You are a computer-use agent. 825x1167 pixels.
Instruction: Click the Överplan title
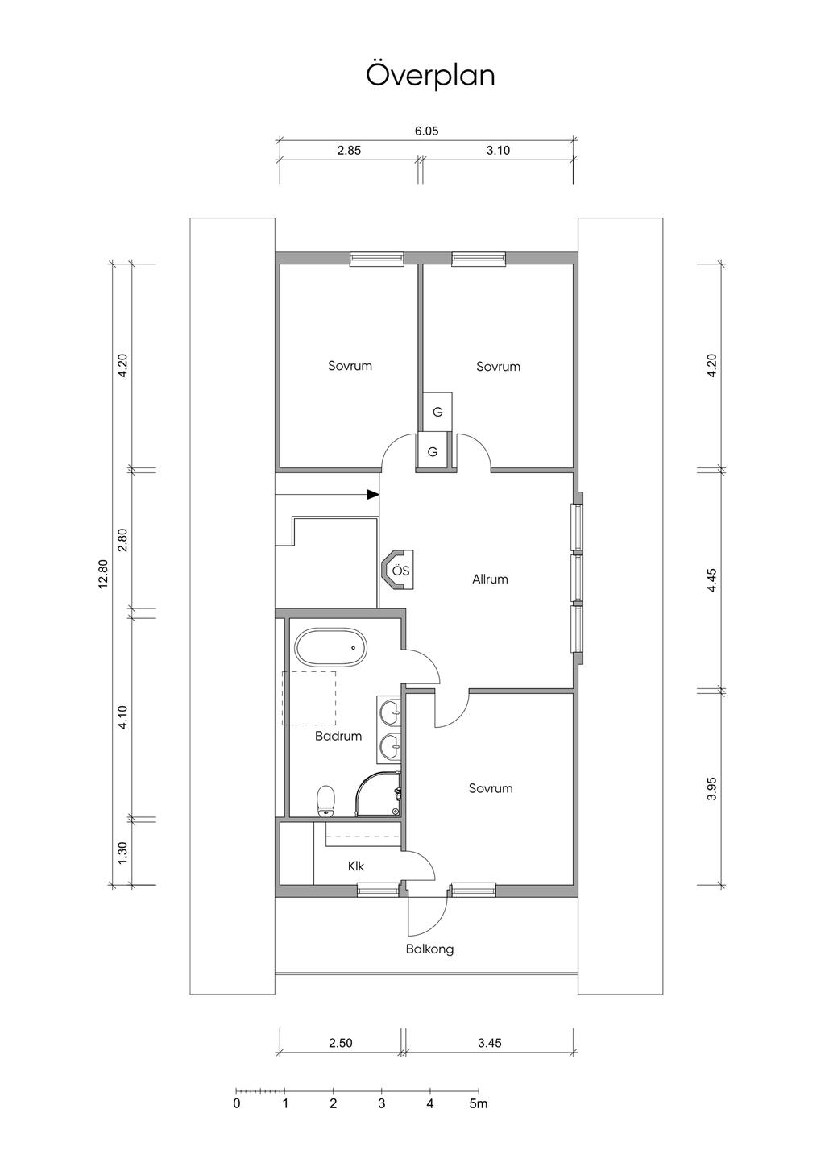(x=430, y=76)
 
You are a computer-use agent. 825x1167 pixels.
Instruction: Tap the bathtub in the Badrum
(x=331, y=648)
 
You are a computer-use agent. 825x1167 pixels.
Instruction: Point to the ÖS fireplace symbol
(x=398, y=570)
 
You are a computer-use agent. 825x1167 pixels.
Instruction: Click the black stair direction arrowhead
(x=373, y=494)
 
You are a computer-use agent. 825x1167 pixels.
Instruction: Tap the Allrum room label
(x=490, y=579)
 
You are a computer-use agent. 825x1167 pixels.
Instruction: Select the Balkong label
(x=429, y=949)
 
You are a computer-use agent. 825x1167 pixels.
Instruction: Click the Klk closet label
(x=356, y=866)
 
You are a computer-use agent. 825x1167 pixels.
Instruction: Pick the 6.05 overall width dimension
(x=426, y=131)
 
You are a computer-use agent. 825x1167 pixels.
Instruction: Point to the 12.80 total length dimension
(x=102, y=574)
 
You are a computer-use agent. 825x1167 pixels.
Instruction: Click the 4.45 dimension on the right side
(x=712, y=579)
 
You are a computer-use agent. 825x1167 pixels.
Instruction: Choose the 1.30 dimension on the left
(x=123, y=853)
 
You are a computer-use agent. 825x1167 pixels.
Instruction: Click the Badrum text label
(x=338, y=736)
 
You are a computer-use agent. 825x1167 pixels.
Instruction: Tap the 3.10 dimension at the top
(x=498, y=151)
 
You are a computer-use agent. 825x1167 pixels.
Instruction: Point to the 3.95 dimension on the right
(x=712, y=789)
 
